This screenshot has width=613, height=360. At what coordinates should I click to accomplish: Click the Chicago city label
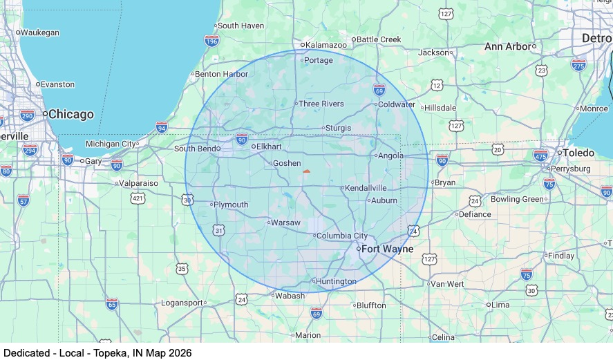point(71,114)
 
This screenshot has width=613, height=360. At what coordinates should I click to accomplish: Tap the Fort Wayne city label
point(388,249)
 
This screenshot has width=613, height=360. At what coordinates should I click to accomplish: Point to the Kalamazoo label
point(326,44)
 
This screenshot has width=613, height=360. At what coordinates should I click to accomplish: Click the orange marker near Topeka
point(307,171)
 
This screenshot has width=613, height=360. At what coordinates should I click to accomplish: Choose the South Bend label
point(196,149)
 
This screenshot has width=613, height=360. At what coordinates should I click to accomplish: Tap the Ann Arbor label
point(508,46)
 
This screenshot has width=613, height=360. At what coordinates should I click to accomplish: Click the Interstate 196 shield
point(212,41)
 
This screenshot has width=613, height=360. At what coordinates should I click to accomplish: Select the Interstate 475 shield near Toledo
point(540,155)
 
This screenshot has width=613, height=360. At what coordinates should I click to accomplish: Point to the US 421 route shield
point(138,199)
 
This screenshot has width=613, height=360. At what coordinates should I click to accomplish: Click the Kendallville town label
point(366,187)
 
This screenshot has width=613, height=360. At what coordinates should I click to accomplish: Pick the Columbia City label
point(342,236)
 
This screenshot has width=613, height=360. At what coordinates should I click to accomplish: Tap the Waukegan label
point(39,32)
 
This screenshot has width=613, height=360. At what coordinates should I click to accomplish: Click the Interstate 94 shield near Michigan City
point(162,127)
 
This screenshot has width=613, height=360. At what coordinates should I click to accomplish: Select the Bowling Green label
point(518,199)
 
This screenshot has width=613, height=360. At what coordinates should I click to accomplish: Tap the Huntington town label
point(336,281)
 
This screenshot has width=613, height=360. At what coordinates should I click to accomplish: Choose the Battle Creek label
point(379,39)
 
